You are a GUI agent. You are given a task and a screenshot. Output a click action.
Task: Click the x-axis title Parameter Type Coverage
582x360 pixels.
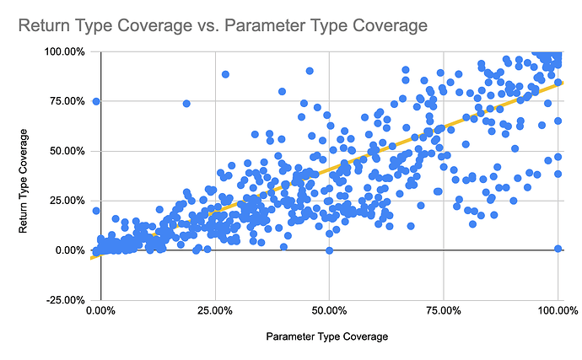pyautogui.click(x=327, y=336)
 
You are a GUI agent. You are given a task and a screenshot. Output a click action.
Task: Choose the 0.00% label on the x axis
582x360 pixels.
pyautogui.click(x=100, y=312)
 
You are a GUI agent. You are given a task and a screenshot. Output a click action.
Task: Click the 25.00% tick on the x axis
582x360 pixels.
pyautogui.click(x=214, y=312)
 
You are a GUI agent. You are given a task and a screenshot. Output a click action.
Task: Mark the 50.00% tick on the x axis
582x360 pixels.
pyautogui.click(x=329, y=312)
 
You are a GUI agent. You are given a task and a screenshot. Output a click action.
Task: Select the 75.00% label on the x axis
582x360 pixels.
pyautogui.click(x=443, y=312)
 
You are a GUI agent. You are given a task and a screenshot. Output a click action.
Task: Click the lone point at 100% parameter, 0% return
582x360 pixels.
pyautogui.click(x=558, y=248)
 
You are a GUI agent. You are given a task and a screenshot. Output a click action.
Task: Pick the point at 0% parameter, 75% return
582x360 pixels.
pyautogui.click(x=96, y=101)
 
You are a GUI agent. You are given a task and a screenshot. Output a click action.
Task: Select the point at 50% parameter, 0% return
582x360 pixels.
pyautogui.click(x=329, y=250)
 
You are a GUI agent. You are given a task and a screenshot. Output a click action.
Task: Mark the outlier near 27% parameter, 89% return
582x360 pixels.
pyautogui.click(x=225, y=74)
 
